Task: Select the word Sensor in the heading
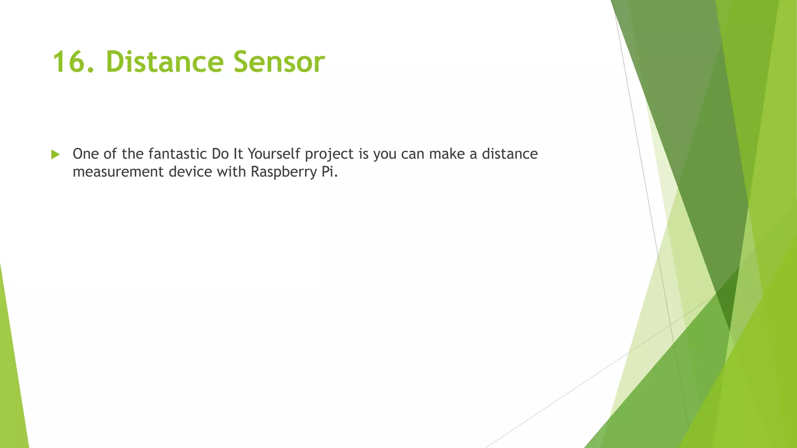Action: click(279, 62)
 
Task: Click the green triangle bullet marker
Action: click(55, 154)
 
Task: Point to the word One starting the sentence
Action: click(86, 154)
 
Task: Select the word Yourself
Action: click(274, 154)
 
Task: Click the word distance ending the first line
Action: click(510, 154)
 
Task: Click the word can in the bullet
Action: click(413, 154)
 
